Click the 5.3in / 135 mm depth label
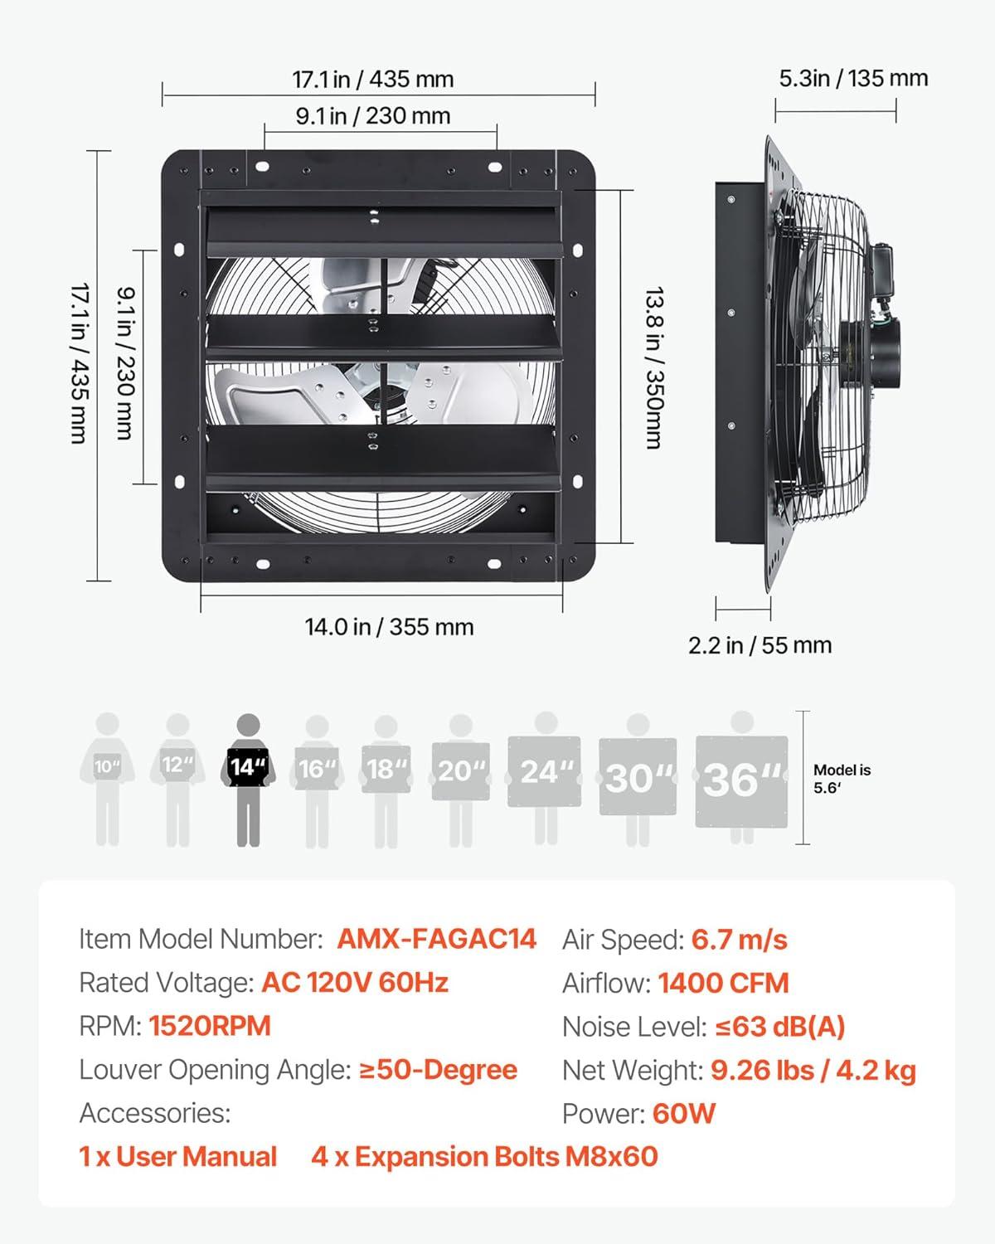[x=853, y=78]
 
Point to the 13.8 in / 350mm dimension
[x=654, y=367]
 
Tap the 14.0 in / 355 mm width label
[x=389, y=627]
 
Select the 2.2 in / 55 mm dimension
[x=760, y=645]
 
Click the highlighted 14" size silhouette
[x=248, y=780]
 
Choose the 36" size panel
[x=742, y=781]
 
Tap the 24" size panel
[x=544, y=772]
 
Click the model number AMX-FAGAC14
[x=436, y=939]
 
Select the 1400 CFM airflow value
[x=723, y=983]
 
